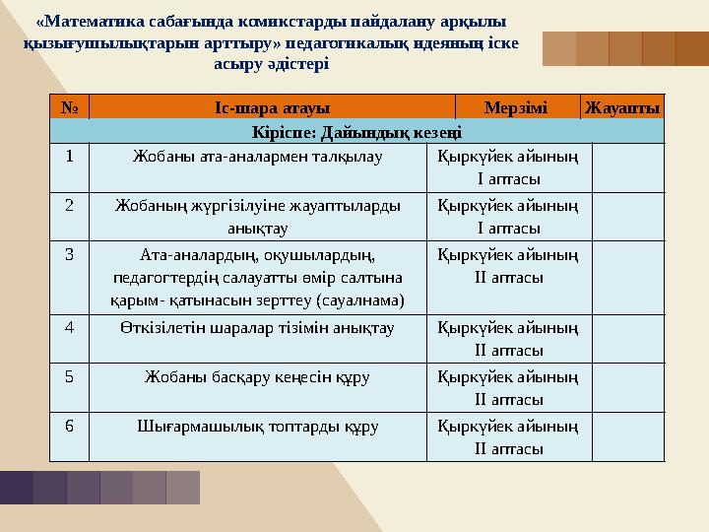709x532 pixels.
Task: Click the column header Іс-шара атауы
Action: click(272, 106)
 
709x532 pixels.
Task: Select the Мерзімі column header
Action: click(517, 106)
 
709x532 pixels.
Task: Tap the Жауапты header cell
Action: click(622, 106)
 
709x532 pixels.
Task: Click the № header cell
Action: click(69, 106)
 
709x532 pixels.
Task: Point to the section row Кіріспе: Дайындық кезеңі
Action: click(357, 131)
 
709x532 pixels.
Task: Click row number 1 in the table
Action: click(69, 155)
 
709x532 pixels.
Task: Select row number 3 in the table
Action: click(69, 253)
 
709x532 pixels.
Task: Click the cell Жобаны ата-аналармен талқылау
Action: click(258, 155)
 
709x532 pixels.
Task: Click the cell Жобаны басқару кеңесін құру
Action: click(258, 376)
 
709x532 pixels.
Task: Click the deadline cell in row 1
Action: click(508, 166)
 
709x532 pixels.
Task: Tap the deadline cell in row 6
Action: click(508, 436)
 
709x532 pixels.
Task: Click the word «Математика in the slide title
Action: click(93, 22)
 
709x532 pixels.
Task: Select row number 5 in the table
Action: click(69, 376)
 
